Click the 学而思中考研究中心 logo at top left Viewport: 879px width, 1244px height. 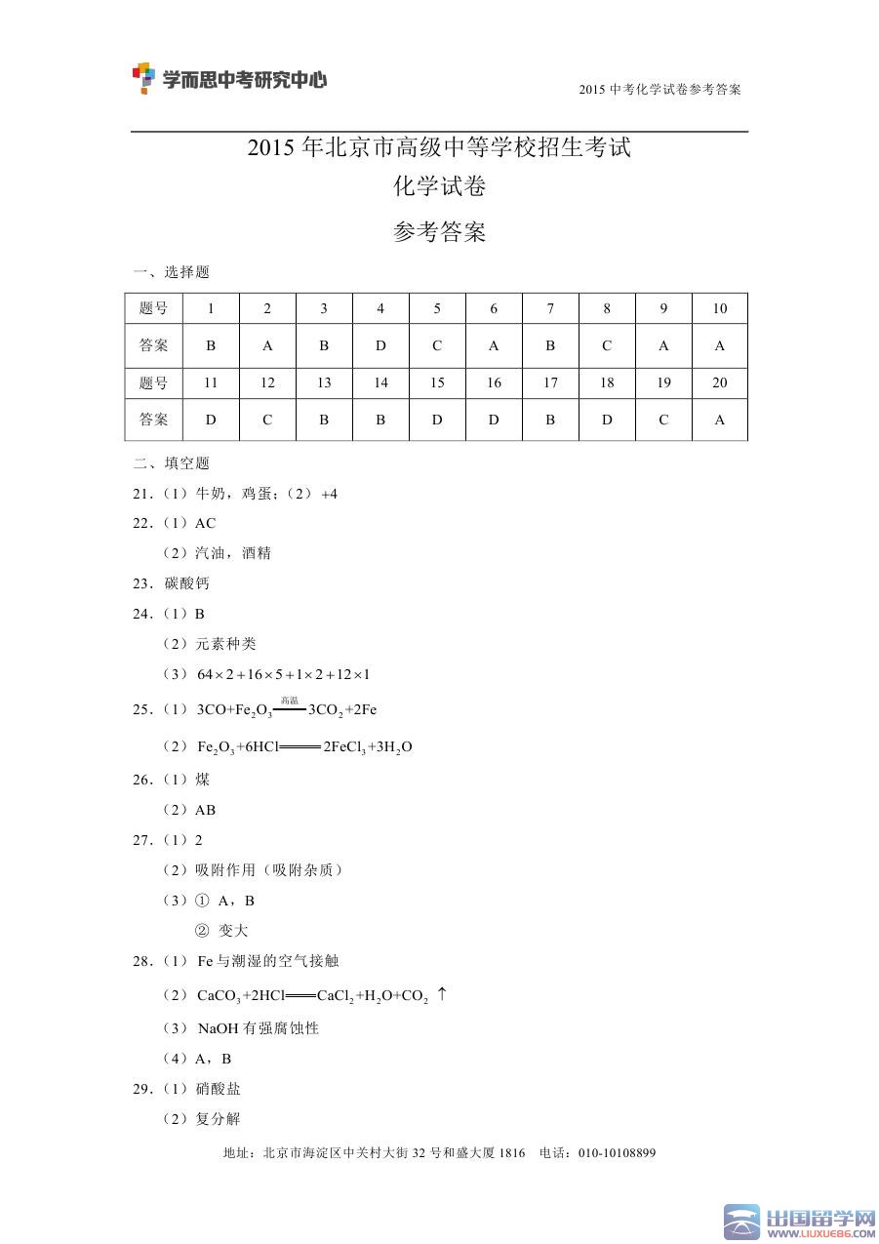tap(229, 79)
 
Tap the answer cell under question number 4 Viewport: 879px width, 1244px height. tap(380, 345)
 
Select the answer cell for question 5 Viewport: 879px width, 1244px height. tap(437, 345)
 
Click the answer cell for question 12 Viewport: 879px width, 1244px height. tap(267, 420)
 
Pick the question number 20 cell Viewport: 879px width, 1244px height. tap(720, 382)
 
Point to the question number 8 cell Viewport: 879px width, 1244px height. tap(607, 308)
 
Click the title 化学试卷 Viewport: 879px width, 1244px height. tap(439, 185)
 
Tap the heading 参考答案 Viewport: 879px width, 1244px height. tap(439, 232)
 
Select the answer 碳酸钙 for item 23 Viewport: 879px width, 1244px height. tap(187, 583)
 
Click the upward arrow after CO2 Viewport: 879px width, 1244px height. tap(442, 994)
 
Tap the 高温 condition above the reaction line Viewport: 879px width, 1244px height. tap(289, 700)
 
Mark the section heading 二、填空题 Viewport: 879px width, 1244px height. tap(171, 463)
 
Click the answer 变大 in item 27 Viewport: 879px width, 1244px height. tap(233, 931)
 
